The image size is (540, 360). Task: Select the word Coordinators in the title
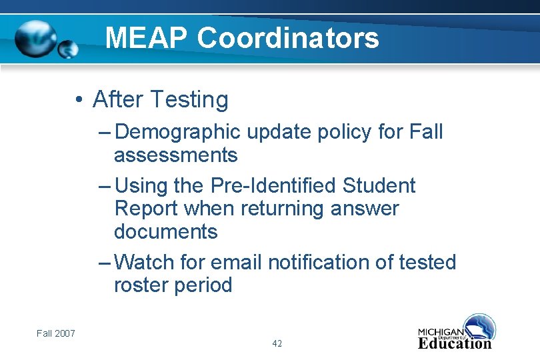(x=288, y=38)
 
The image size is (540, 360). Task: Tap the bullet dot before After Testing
(x=79, y=100)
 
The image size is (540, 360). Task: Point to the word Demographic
(x=177, y=132)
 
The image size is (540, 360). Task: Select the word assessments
(x=175, y=155)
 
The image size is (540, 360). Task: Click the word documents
(x=166, y=232)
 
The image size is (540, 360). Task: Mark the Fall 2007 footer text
(x=56, y=333)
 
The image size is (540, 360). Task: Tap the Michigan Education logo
(x=457, y=332)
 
